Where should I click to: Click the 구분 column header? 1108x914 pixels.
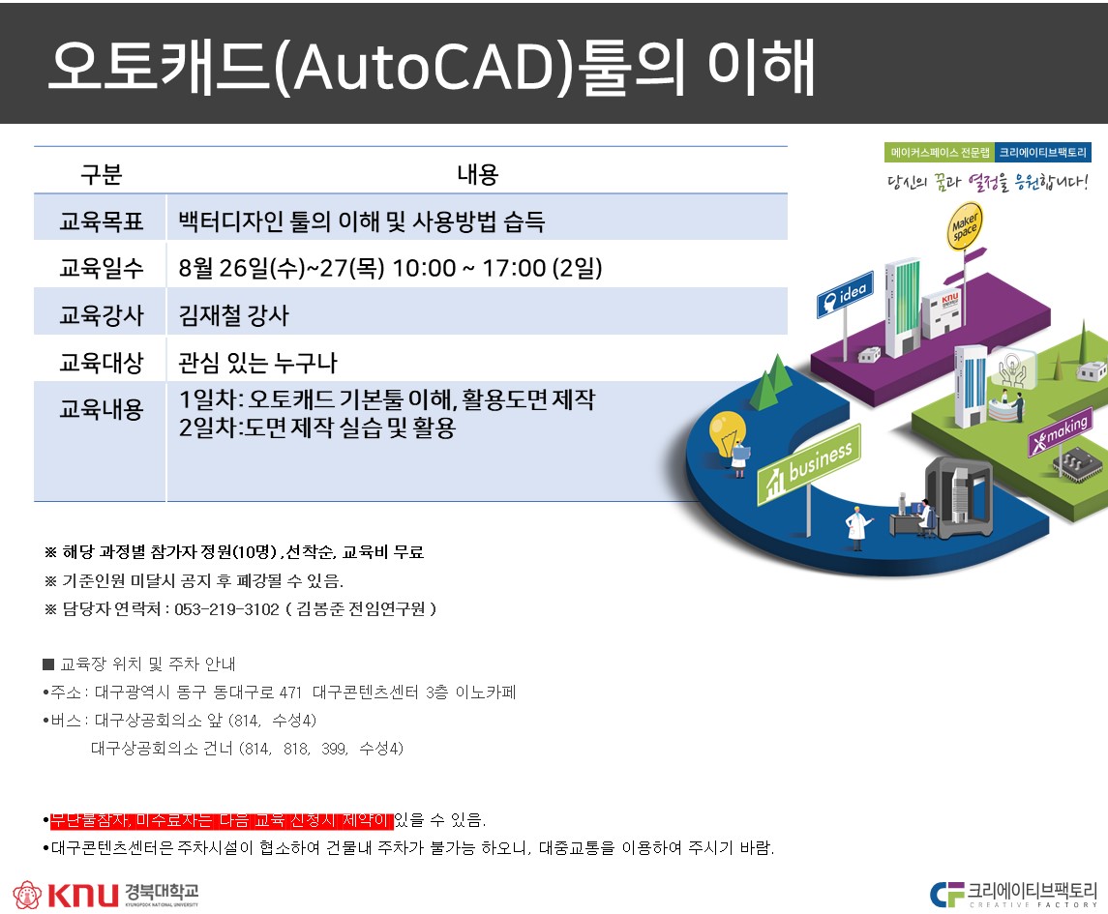point(101,174)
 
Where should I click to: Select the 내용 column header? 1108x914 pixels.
point(478,174)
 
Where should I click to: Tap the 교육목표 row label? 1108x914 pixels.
point(101,221)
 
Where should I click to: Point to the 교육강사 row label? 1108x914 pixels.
point(101,315)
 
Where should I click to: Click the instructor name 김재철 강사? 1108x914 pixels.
point(234,315)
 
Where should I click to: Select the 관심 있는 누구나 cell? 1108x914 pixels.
point(258,363)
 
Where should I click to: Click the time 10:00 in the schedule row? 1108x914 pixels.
point(424,269)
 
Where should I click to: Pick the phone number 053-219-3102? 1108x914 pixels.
point(226,609)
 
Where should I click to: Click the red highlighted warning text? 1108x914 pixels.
point(222,820)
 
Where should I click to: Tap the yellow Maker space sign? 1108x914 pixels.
point(965,226)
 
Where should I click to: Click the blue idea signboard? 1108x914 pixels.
point(845,295)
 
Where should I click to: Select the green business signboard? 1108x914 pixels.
point(810,465)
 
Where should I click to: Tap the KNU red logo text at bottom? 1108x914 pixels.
point(82,895)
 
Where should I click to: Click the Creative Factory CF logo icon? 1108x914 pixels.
point(947,894)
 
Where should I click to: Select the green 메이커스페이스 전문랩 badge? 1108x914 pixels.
point(939,153)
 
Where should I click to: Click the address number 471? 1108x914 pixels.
point(290,693)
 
